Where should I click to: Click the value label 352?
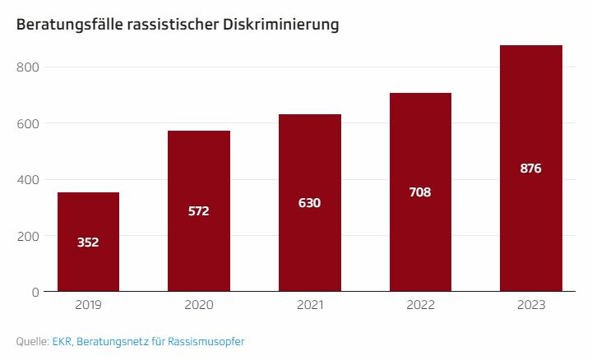pyautogui.click(x=88, y=242)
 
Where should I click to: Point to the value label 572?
pyautogui.click(x=199, y=211)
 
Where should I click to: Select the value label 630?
pyautogui.click(x=310, y=203)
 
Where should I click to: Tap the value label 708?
pyautogui.click(x=420, y=192)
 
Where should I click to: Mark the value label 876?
pyautogui.click(x=531, y=168)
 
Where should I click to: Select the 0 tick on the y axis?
pyautogui.click(x=35, y=292)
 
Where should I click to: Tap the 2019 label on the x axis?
pyautogui.click(x=88, y=306)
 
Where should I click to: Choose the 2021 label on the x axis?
pyautogui.click(x=310, y=306)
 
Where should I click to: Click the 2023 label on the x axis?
pyautogui.click(x=531, y=306)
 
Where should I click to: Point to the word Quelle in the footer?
pyautogui.click(x=31, y=341)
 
